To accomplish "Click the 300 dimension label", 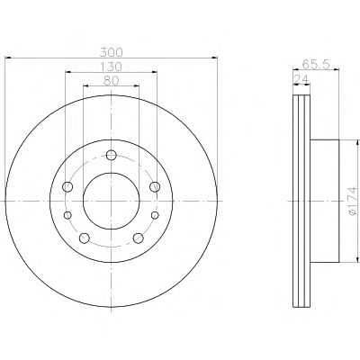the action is pyautogui.click(x=112, y=52).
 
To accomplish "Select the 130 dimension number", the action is pyautogui.click(x=112, y=67).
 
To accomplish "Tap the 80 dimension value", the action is pyautogui.click(x=112, y=80).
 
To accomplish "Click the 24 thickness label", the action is pyautogui.click(x=301, y=79).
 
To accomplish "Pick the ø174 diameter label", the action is pyautogui.click(x=352, y=201).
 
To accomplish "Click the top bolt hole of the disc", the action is pyautogui.click(x=112, y=155).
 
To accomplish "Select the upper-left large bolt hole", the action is pyautogui.click(x=67, y=186).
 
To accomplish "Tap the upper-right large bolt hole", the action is pyautogui.click(x=155, y=186).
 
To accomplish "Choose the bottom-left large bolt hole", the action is pyautogui.click(x=85, y=238).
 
